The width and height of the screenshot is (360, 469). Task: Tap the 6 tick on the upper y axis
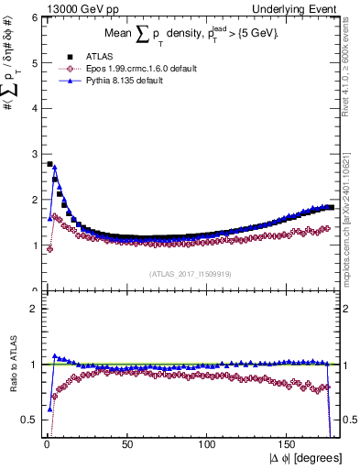coord(34,17)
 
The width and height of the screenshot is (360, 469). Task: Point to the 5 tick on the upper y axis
coord(34,63)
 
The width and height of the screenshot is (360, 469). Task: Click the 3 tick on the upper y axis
coord(34,154)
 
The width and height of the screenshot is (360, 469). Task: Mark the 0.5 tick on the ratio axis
coord(31,420)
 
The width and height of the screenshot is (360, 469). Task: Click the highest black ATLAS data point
coord(49,164)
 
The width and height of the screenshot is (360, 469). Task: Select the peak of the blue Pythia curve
coord(54,168)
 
